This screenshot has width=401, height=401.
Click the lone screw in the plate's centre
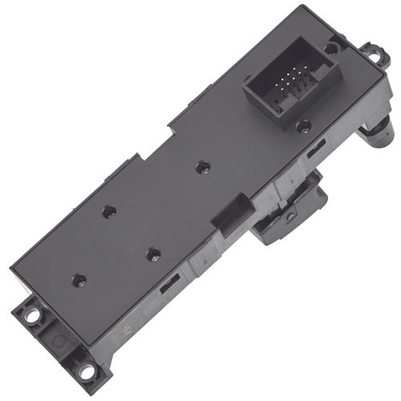pyautogui.click(x=202, y=168)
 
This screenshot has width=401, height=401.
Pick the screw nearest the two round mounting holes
pyautogui.click(x=78, y=281)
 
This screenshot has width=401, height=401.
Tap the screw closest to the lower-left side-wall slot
pyautogui.click(x=152, y=255)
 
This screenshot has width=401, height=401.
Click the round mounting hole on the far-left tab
pyautogui.click(x=32, y=314)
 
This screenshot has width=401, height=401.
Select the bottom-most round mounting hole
pyautogui.click(x=85, y=371)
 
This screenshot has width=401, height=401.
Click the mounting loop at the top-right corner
pyautogui.click(x=373, y=54)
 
